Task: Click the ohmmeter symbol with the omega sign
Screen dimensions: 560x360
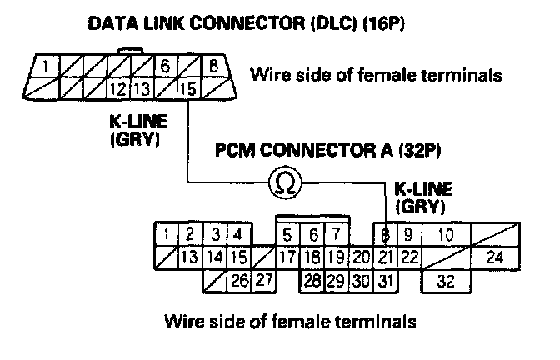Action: pyautogui.click(x=285, y=182)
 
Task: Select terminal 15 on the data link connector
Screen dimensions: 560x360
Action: pyautogui.click(x=189, y=87)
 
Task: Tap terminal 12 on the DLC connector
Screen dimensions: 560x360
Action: pyautogui.click(x=118, y=87)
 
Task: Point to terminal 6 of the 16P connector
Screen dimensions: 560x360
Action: pyautogui.click(x=165, y=66)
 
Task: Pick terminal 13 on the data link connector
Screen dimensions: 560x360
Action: pyautogui.click(x=142, y=87)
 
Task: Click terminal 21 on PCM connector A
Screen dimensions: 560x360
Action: pyautogui.click(x=385, y=257)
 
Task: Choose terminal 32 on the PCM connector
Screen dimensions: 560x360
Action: pyautogui.click(x=446, y=281)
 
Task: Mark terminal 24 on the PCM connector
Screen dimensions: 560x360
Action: pyautogui.click(x=495, y=257)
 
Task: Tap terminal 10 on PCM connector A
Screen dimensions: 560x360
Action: pyautogui.click(x=446, y=235)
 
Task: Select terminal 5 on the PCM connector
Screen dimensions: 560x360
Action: pyautogui.click(x=287, y=235)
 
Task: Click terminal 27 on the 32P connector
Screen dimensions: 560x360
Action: pyautogui.click(x=264, y=280)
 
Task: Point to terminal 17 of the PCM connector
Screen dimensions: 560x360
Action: pyautogui.click(x=287, y=257)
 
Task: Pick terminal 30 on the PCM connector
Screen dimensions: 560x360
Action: pyautogui.click(x=361, y=281)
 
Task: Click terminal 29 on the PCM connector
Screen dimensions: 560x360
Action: pyautogui.click(x=337, y=281)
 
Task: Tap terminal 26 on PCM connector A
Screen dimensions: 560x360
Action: pyautogui.click(x=240, y=281)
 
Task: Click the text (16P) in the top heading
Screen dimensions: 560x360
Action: pyautogui.click(x=383, y=24)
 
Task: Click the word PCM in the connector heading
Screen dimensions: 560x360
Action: pyautogui.click(x=235, y=150)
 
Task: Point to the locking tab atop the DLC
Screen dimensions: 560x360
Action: pyautogui.click(x=130, y=51)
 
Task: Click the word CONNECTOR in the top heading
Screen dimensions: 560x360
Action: pyautogui.click(x=247, y=24)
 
